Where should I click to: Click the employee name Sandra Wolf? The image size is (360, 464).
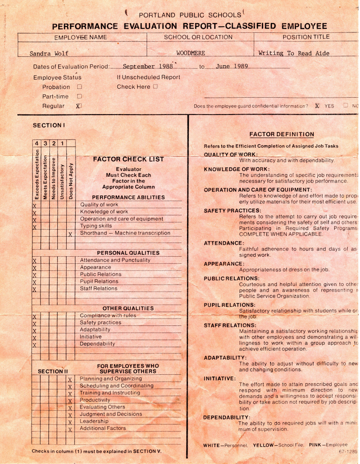tap(49, 53)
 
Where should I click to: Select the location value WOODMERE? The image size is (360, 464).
tap(191, 53)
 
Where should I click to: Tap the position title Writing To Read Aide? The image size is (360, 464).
tap(294, 53)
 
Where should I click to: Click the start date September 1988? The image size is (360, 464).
tap(144, 67)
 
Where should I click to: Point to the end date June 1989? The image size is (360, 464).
tap(232, 67)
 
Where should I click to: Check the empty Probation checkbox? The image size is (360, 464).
tap(80, 87)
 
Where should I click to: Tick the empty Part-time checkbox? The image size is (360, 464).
tap(80, 96)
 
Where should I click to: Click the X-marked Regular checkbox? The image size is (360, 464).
tap(79, 106)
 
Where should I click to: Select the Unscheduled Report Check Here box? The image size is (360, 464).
tap(155, 87)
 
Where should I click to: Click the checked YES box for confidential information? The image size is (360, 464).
tap(317, 106)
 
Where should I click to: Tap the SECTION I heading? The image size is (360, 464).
tap(49, 126)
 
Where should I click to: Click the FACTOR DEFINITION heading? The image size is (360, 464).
tap(281, 134)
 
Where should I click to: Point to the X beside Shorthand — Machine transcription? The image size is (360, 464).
tap(70, 234)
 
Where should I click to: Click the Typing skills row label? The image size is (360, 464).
tap(96, 226)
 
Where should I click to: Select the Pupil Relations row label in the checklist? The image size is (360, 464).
tap(99, 281)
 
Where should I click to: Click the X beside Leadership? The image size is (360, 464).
tap(70, 422)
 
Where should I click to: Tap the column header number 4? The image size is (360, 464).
tap(36, 143)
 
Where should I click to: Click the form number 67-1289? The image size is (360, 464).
tap(348, 451)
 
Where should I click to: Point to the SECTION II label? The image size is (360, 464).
tap(53, 371)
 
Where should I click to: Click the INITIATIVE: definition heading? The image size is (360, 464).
tap(219, 378)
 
